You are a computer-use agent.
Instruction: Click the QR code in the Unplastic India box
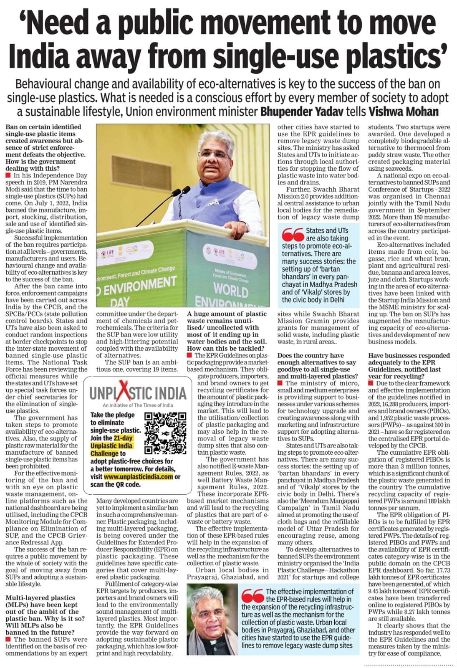coord(165,433)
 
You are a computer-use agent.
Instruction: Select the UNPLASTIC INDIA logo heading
coord(138,393)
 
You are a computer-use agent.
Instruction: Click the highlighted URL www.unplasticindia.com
coord(138,476)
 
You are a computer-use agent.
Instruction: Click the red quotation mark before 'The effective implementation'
coord(252,595)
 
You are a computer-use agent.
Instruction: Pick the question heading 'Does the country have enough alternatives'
coord(318,366)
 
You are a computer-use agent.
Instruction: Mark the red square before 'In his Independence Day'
coord(8,176)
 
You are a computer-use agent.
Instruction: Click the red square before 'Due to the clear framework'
coord(371,383)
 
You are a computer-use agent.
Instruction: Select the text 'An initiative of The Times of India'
coord(138,405)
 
